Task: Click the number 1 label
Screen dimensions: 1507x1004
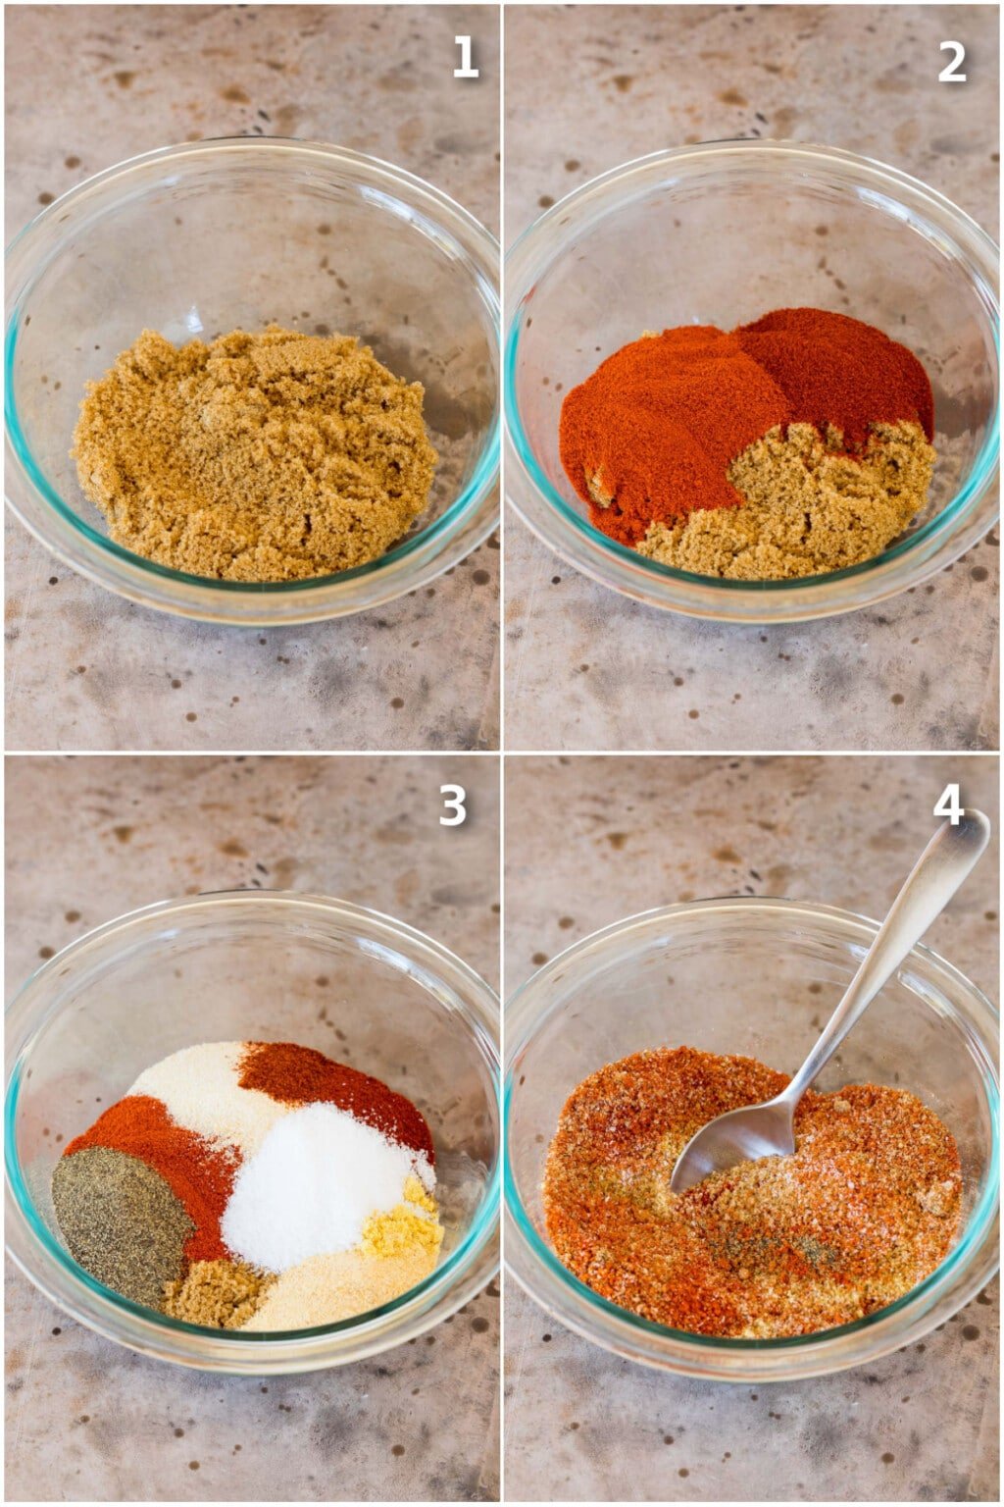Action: (x=465, y=59)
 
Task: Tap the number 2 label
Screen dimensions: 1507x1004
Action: (x=951, y=61)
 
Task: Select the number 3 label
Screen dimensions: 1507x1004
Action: (x=452, y=805)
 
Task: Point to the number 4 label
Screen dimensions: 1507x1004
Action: (x=947, y=804)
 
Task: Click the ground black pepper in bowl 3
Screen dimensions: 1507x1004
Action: (x=118, y=1221)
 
